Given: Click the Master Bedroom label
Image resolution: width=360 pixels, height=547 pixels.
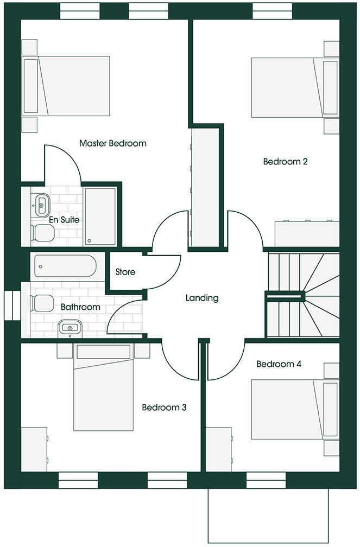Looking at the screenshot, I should pos(113,143).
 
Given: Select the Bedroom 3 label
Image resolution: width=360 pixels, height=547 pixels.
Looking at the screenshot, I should pos(164,407).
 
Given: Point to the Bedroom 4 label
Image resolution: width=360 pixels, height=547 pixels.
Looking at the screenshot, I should pos(279,364).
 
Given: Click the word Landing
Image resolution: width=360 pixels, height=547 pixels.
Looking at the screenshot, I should pos(202,298).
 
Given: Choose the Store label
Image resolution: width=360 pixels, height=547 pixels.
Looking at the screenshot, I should pos(125,272).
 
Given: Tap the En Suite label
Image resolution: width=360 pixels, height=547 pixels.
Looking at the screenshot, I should pos(64,220).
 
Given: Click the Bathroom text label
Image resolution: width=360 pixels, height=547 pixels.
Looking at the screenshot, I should pos(80,307).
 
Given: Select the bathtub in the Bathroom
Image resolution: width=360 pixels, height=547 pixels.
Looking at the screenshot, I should pos(65,266).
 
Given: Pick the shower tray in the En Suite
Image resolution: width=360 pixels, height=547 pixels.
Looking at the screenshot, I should pos(100,216).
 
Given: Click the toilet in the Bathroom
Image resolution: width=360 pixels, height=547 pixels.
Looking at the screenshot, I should pos(42,302).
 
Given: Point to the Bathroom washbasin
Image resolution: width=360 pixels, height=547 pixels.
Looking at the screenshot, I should pos(70,327).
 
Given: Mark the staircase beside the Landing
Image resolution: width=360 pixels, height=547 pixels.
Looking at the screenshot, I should pos(302,296).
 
